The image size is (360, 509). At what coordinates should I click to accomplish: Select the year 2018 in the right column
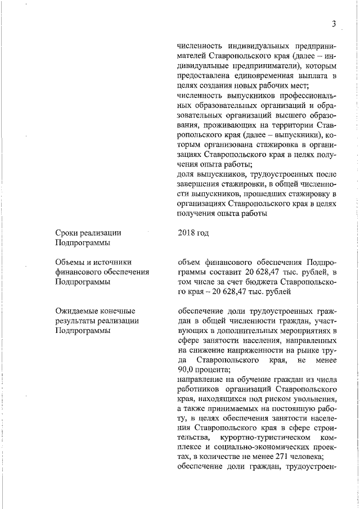pos(186,233)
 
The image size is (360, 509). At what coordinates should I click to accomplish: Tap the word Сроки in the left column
pos(67,233)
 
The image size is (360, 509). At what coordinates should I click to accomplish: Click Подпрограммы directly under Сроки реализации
pos(82,242)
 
